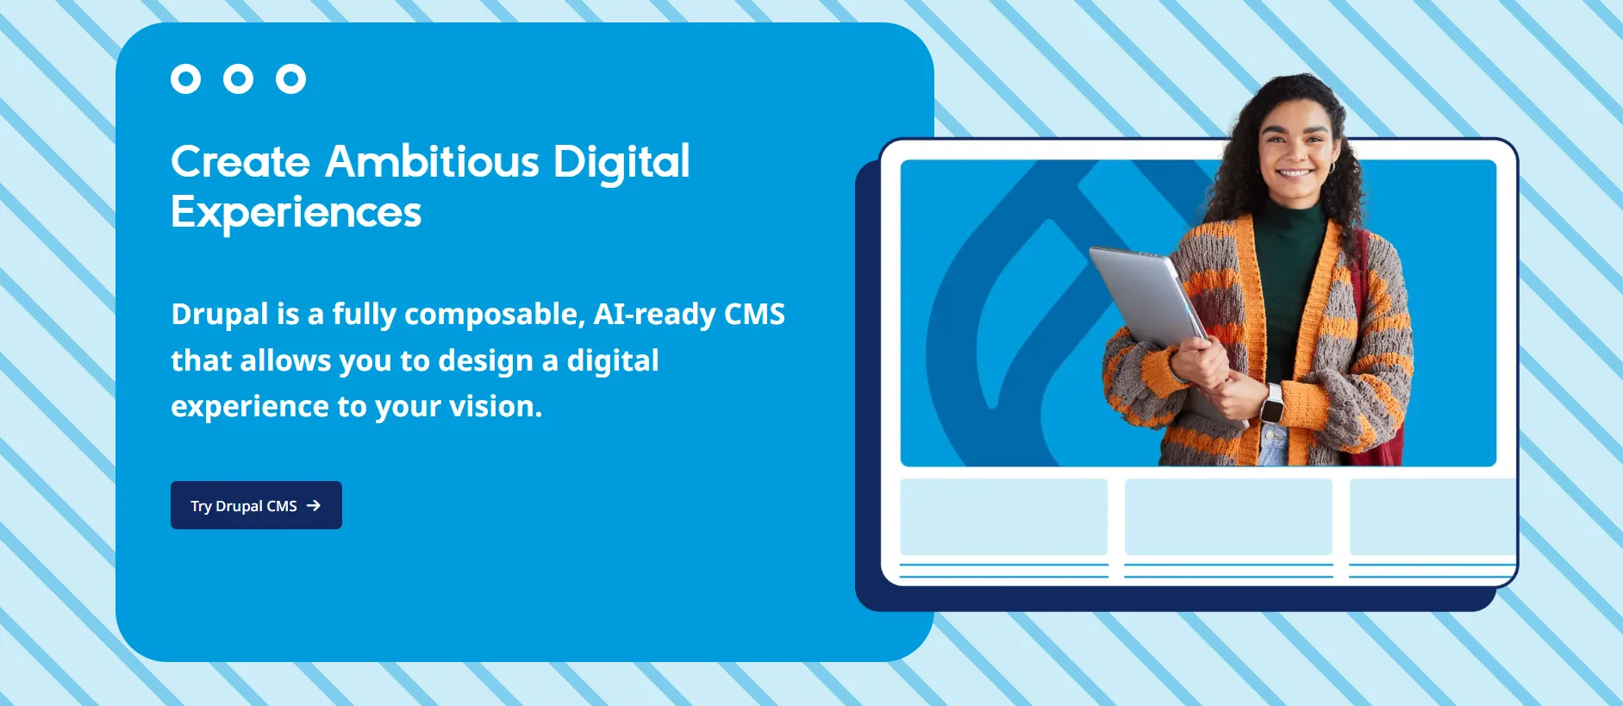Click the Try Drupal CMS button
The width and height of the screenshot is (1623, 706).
pos(256,505)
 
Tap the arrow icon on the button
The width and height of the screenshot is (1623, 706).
pos(314,505)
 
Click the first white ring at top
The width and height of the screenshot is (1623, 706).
pos(185,79)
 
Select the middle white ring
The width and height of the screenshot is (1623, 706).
pos(238,79)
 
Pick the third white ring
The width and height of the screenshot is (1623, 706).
pos(290,79)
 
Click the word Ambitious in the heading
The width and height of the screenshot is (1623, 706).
pos(432,162)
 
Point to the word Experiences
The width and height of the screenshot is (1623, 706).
pos(296,213)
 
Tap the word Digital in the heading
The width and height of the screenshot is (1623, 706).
pos(621,162)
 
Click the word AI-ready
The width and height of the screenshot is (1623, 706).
pos(654,315)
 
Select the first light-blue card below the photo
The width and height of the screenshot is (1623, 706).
pos(1003,516)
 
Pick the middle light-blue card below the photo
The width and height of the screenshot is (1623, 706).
pos(1228,516)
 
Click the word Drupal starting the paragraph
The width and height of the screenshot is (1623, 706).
pos(219,315)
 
